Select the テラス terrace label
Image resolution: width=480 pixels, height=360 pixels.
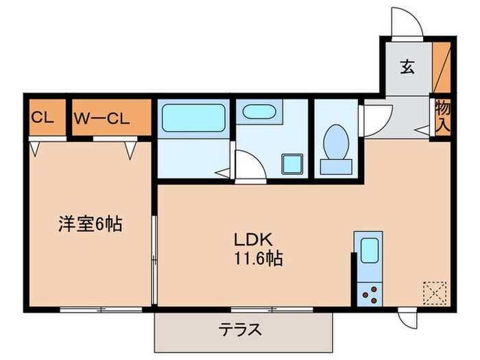239,330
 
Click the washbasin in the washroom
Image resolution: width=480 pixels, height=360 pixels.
260,112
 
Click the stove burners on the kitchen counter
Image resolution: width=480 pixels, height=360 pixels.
371,293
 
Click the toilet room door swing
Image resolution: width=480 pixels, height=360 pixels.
375,118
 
